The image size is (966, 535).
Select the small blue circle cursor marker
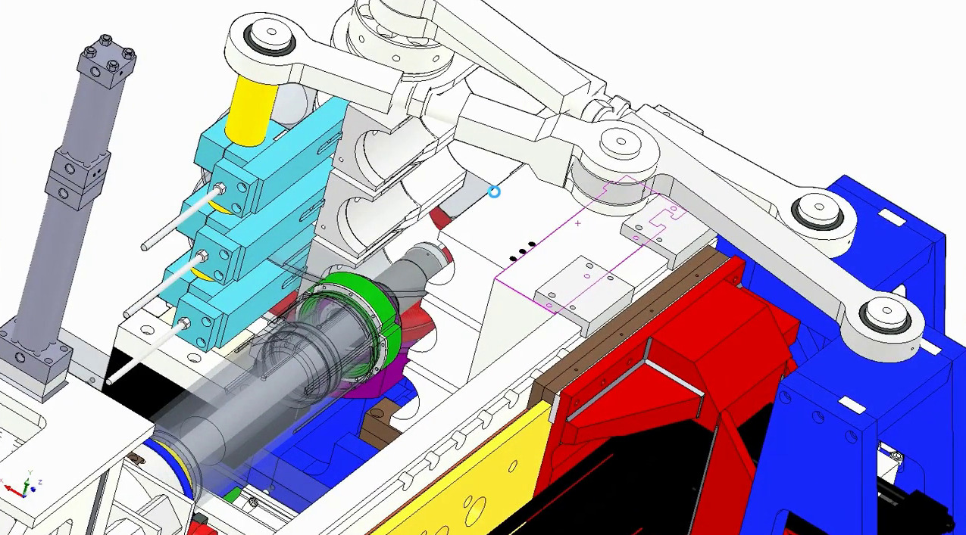[494, 192]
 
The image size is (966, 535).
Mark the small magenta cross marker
[578, 223]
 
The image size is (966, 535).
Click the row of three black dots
[522, 251]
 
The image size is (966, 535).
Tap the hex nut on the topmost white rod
[220, 188]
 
